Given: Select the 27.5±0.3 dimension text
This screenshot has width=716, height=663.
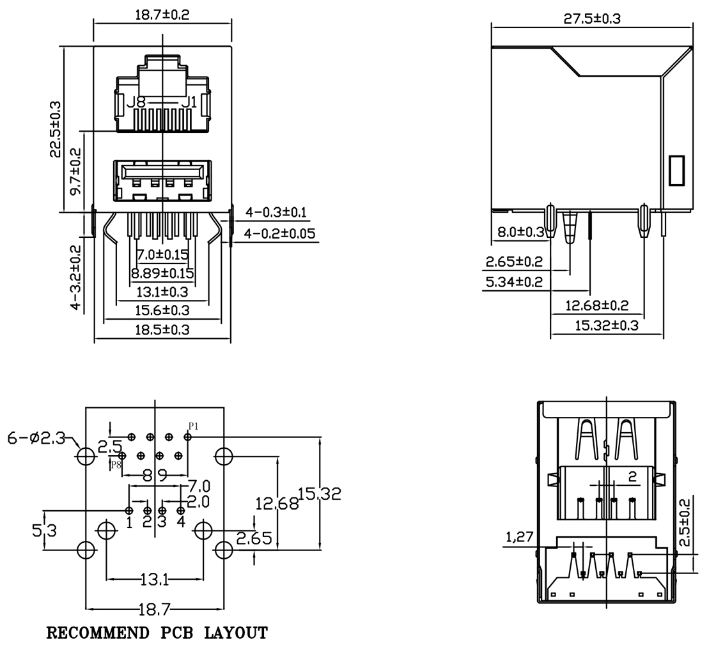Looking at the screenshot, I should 591,18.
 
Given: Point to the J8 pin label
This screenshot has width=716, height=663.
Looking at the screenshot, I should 136,102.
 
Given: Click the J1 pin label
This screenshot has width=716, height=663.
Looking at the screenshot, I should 189,102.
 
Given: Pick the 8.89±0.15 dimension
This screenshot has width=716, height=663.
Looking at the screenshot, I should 162,273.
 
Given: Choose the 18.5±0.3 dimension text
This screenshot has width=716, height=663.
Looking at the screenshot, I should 162,329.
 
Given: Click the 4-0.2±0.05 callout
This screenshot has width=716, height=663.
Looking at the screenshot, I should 279,233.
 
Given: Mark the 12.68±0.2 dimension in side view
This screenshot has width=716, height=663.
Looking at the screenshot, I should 597,306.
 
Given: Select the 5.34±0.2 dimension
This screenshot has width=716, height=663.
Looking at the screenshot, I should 513,282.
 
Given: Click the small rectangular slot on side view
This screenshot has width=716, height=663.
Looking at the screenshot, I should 676,170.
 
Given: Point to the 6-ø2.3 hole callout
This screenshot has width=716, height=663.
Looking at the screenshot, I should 36,439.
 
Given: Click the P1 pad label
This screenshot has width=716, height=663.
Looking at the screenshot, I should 194,426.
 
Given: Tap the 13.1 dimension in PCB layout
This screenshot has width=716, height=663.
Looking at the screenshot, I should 154,580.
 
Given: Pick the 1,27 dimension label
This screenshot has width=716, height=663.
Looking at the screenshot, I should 519,538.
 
